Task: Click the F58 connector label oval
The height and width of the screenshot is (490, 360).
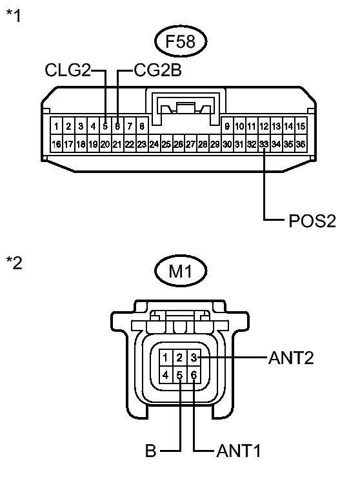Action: coord(181,41)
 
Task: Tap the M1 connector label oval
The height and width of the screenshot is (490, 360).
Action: coord(181,271)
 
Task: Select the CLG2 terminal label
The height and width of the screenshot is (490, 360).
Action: coord(68,70)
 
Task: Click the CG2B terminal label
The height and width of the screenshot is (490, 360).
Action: coord(157,70)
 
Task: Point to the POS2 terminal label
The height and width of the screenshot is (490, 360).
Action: coord(312,221)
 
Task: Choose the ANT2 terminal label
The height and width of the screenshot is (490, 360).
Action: coord(291,358)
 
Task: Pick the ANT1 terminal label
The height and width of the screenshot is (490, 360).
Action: coord(238,451)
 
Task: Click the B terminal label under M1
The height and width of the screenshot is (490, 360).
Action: coord(150,451)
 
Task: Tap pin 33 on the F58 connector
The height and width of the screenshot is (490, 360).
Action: coord(264,144)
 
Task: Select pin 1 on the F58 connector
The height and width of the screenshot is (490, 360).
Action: coord(56,127)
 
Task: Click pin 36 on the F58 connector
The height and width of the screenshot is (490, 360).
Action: coord(301,144)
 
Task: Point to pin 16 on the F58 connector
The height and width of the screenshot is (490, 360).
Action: coord(56,144)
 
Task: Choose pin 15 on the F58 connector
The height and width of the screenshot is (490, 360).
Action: coord(301,127)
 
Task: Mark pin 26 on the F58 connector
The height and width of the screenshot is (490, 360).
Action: coord(178,144)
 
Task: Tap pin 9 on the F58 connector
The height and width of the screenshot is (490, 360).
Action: coord(227,127)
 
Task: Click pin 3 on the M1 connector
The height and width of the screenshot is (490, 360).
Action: coord(194,358)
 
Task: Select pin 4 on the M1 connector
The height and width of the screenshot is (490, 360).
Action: coord(165,374)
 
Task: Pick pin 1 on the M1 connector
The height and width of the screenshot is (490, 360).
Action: coord(165,358)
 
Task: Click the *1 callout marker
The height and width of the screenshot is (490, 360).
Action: coord(14,15)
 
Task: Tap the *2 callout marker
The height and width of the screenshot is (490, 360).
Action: coord(14,263)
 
